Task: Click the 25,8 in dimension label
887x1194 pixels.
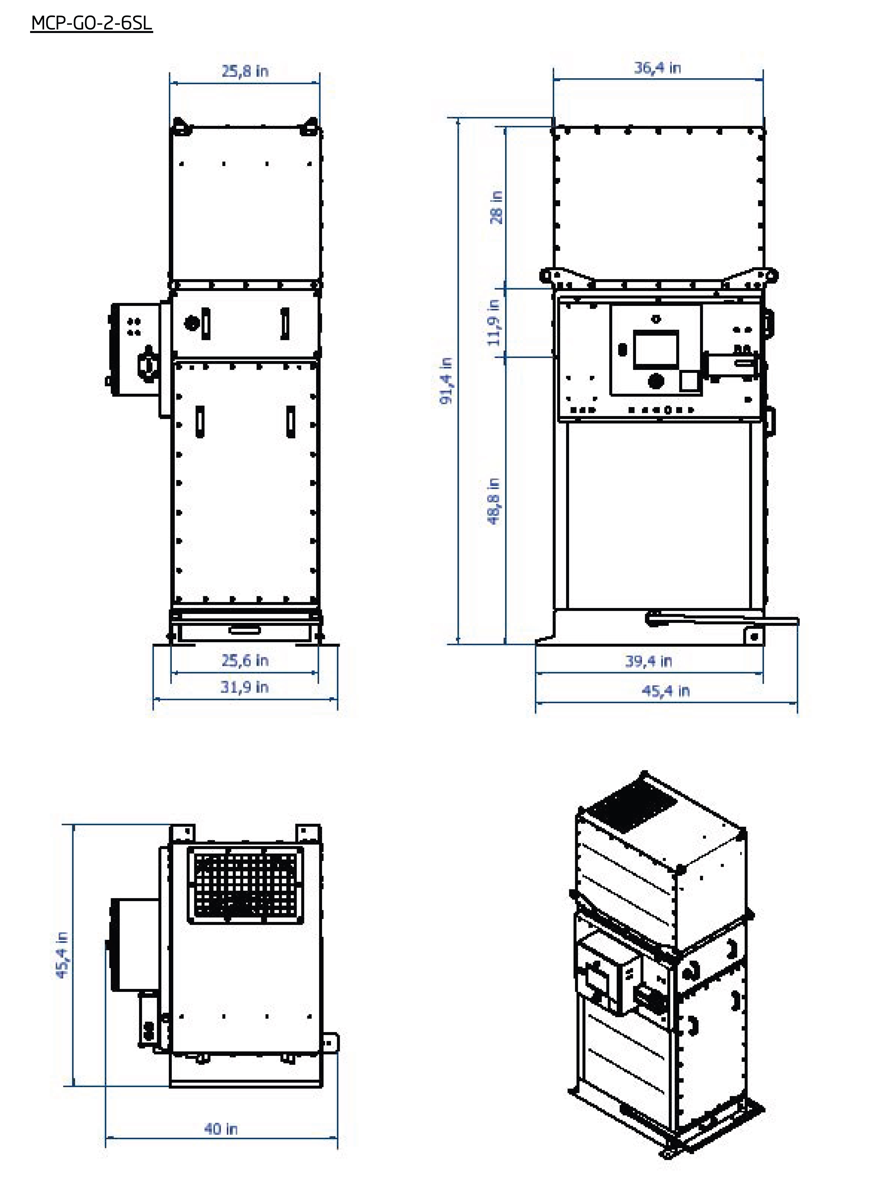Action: click(245, 71)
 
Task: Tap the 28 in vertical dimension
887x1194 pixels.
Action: click(497, 207)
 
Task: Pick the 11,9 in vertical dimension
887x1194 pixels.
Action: click(494, 323)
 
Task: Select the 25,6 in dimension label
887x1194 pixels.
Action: click(245, 660)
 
